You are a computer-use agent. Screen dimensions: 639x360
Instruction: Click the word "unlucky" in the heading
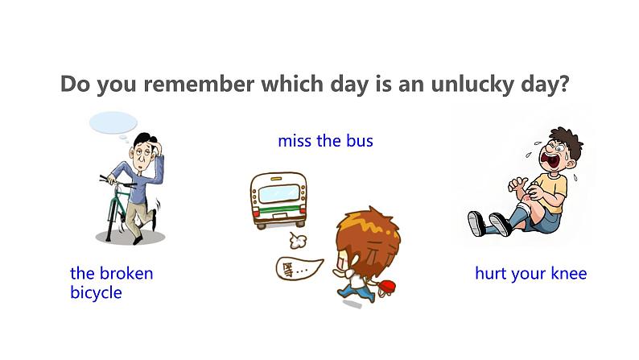coord(472,85)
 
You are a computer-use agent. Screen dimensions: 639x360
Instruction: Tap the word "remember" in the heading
coord(200,84)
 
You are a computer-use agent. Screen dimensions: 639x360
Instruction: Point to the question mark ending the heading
coord(563,84)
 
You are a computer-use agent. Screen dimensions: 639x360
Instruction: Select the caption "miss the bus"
coord(325,141)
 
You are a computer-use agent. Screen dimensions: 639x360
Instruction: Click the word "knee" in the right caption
coord(569,273)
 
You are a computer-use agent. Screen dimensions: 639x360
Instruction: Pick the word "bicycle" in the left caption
coord(96,293)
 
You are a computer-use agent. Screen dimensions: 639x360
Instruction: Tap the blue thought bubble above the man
coord(113,122)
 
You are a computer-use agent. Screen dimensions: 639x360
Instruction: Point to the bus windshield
coord(278,193)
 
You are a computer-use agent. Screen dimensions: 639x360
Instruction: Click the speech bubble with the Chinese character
coord(299,268)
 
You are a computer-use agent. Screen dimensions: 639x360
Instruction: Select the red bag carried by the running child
coord(387,288)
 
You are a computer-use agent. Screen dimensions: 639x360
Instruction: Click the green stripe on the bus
coord(278,211)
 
